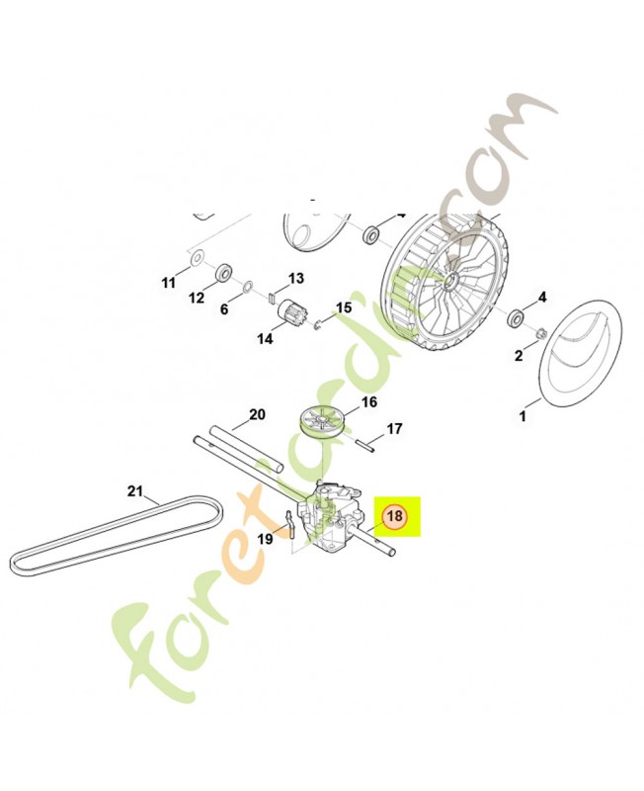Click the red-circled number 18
coord(394,516)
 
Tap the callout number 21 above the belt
coord(135,490)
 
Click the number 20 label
coord(257,414)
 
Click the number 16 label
coord(342,402)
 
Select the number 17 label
coord(394,429)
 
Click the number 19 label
coord(265,539)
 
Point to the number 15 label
coord(344,308)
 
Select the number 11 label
coord(168,283)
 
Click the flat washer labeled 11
coord(195,259)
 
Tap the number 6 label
coord(224,309)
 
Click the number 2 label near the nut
coord(519,356)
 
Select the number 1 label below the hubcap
coord(523,417)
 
